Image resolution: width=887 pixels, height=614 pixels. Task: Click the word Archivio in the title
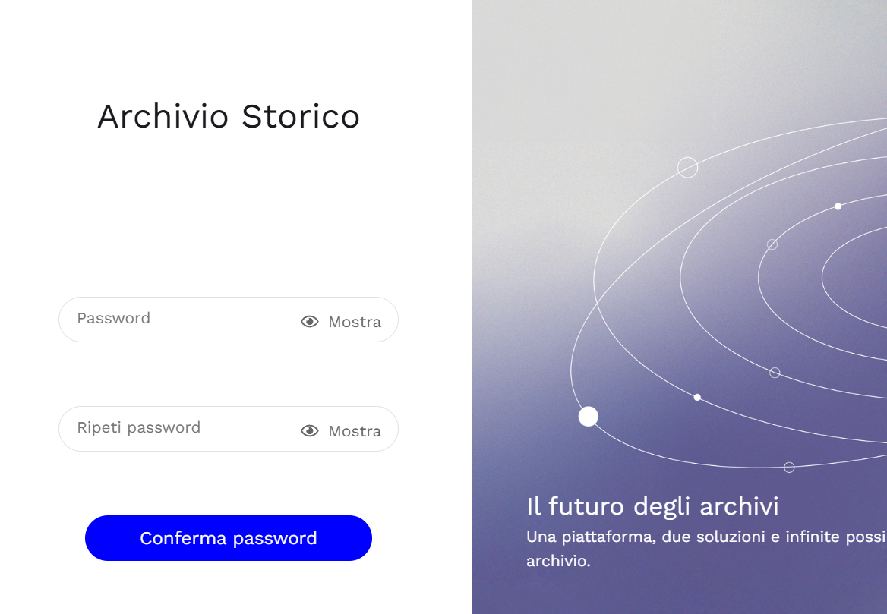click(x=163, y=117)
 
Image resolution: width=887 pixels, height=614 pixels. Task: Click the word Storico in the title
click(x=301, y=117)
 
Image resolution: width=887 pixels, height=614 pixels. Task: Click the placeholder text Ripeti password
click(x=139, y=428)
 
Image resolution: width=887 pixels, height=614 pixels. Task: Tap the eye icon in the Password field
click(x=310, y=322)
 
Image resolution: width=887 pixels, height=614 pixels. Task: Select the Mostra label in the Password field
click(x=355, y=322)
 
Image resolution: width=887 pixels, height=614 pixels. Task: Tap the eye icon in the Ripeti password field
click(x=310, y=431)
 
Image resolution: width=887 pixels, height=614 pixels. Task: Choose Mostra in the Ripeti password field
click(x=355, y=431)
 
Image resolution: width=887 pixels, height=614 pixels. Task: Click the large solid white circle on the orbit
click(x=589, y=417)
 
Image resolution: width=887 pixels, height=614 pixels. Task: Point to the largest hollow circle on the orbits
click(x=688, y=168)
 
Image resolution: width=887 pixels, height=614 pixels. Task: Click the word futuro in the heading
click(x=587, y=506)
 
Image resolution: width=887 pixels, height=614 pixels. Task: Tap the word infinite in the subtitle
click(x=810, y=537)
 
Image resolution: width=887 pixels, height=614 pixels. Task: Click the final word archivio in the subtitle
click(x=558, y=562)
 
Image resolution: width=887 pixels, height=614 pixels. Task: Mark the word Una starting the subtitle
click(x=541, y=537)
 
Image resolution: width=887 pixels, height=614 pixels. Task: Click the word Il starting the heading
click(x=534, y=506)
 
